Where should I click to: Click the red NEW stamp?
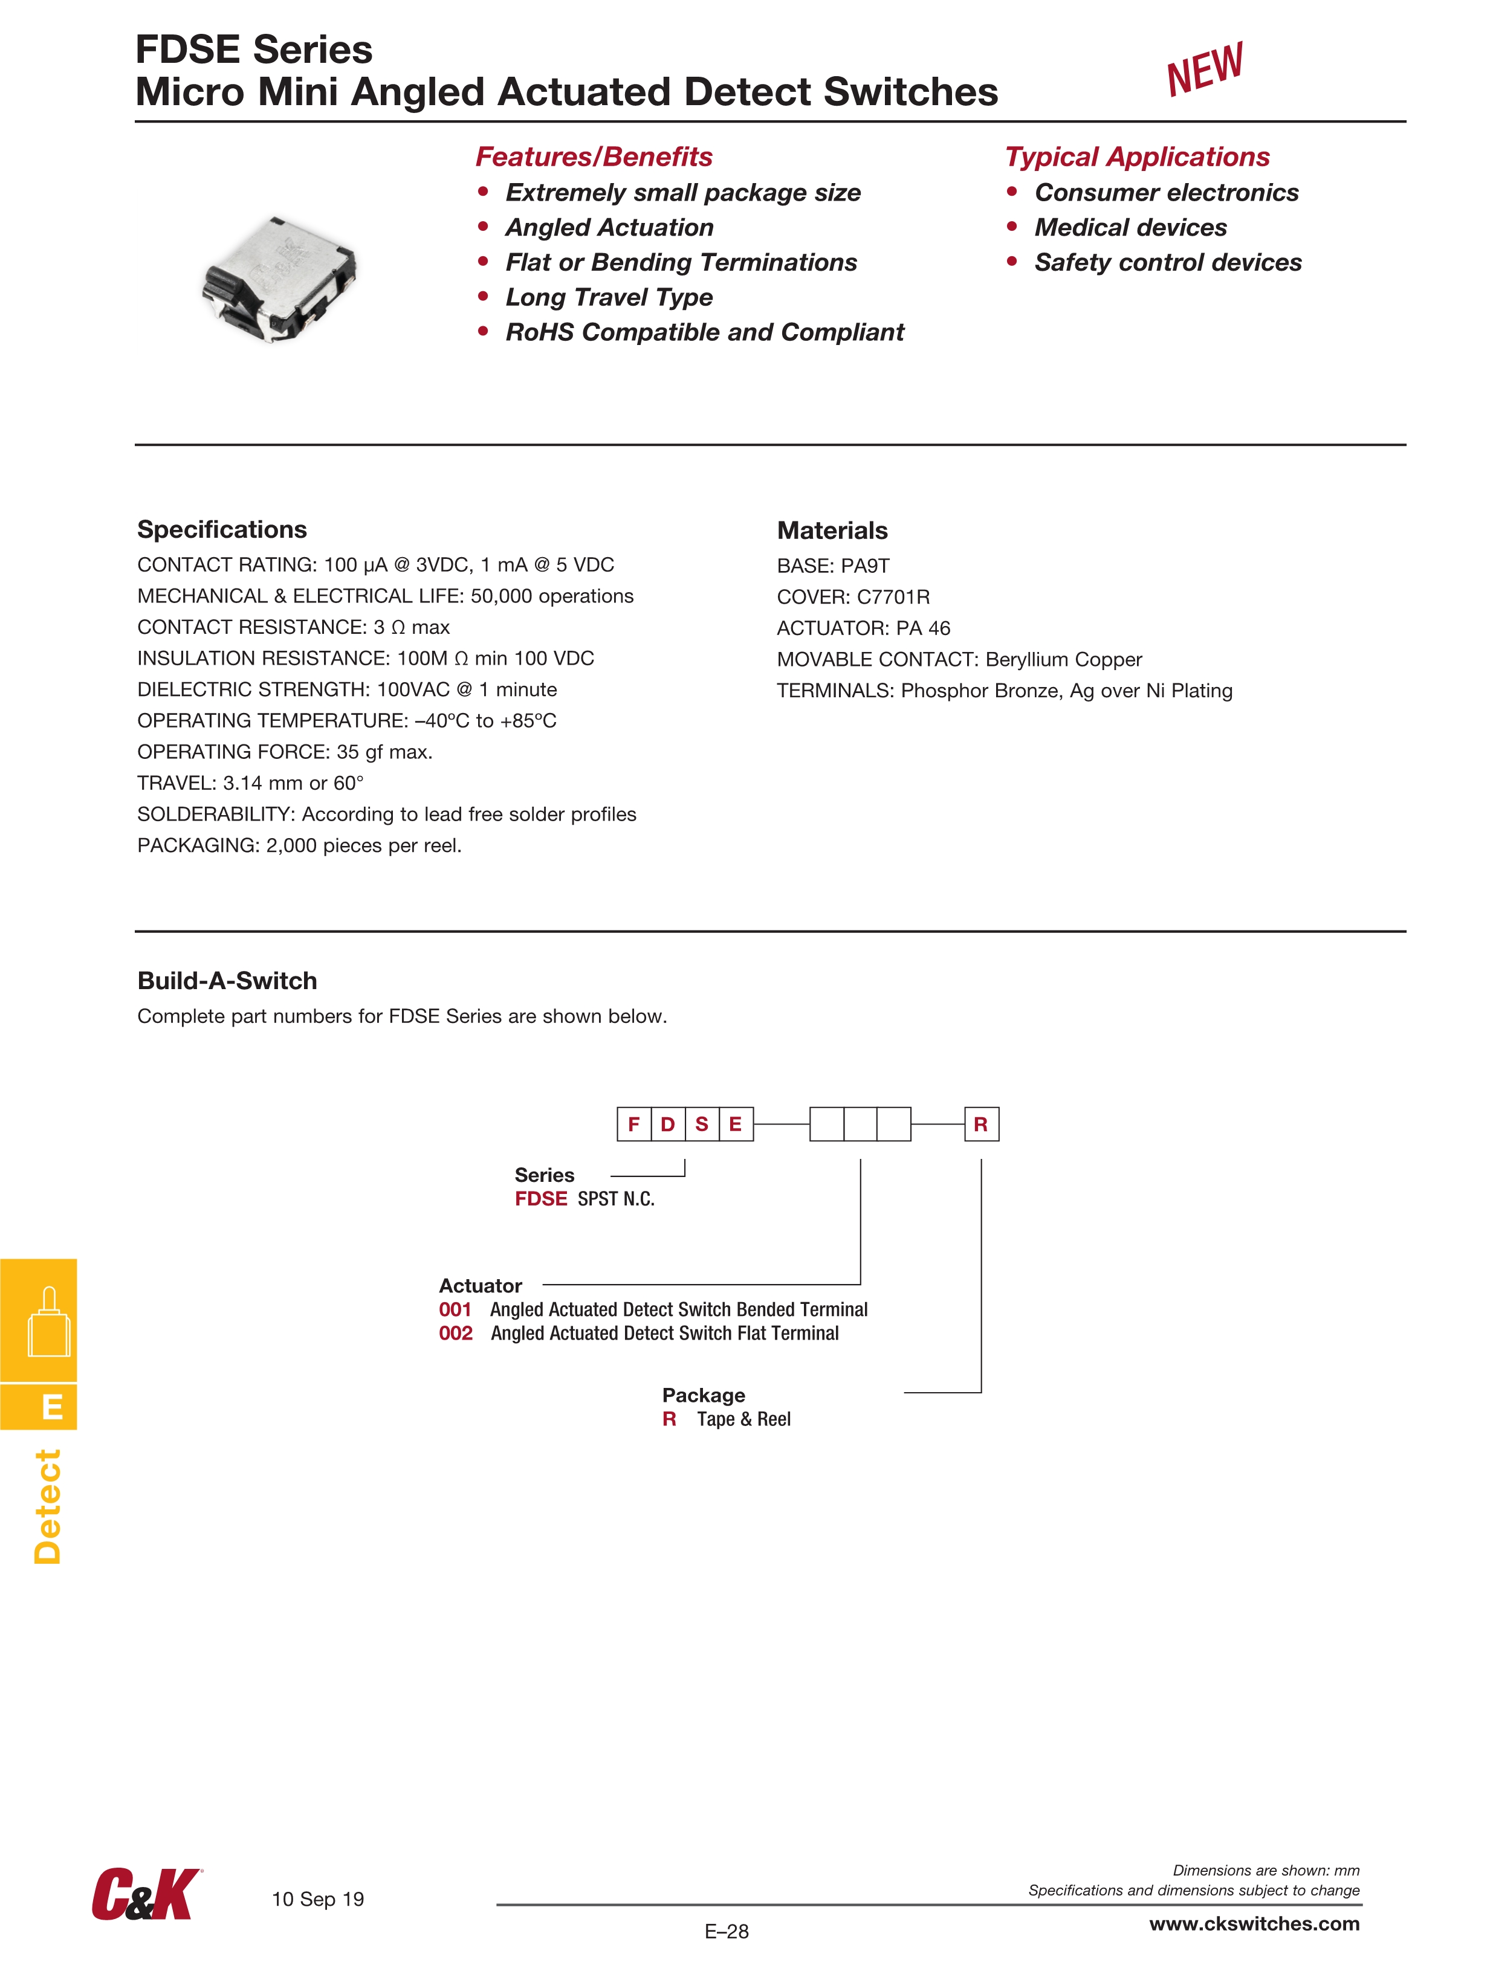pyautogui.click(x=1205, y=69)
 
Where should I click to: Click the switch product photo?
pyautogui.click(x=280, y=278)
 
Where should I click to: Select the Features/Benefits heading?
pyautogui.click(x=594, y=157)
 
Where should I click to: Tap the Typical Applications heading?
pyautogui.click(x=1137, y=157)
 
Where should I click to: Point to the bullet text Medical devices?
pyautogui.click(x=1130, y=227)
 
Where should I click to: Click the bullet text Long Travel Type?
pyautogui.click(x=609, y=297)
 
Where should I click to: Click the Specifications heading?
pyautogui.click(x=222, y=529)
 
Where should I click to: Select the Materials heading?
pyautogui.click(x=832, y=530)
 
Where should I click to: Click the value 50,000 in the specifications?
pyautogui.click(x=502, y=596)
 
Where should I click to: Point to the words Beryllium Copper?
pyautogui.click(x=1064, y=659)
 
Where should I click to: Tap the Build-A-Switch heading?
pyautogui.click(x=227, y=980)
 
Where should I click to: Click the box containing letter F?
pyautogui.click(x=634, y=1124)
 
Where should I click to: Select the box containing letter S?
pyautogui.click(x=702, y=1124)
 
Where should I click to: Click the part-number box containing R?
pyautogui.click(x=980, y=1124)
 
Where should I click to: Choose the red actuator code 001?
pyautogui.click(x=455, y=1309)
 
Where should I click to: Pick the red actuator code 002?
pyautogui.click(x=456, y=1333)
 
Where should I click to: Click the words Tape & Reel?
pyautogui.click(x=743, y=1419)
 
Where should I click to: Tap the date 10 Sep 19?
pyautogui.click(x=317, y=1899)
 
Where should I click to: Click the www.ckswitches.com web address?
pyautogui.click(x=1254, y=1924)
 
